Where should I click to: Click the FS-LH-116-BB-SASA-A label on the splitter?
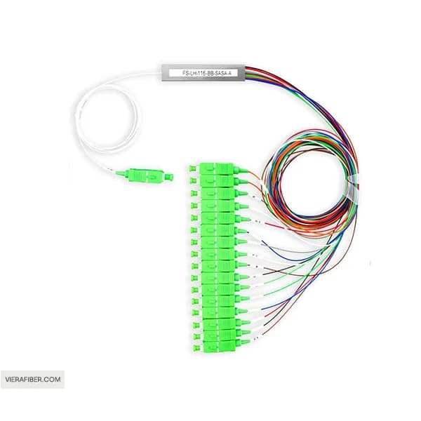[206, 73]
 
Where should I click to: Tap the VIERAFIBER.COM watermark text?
[33, 380]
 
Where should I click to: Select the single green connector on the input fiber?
[145, 175]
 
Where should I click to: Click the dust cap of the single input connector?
[170, 177]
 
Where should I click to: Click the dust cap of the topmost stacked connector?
[192, 169]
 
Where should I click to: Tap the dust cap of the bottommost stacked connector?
[196, 348]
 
